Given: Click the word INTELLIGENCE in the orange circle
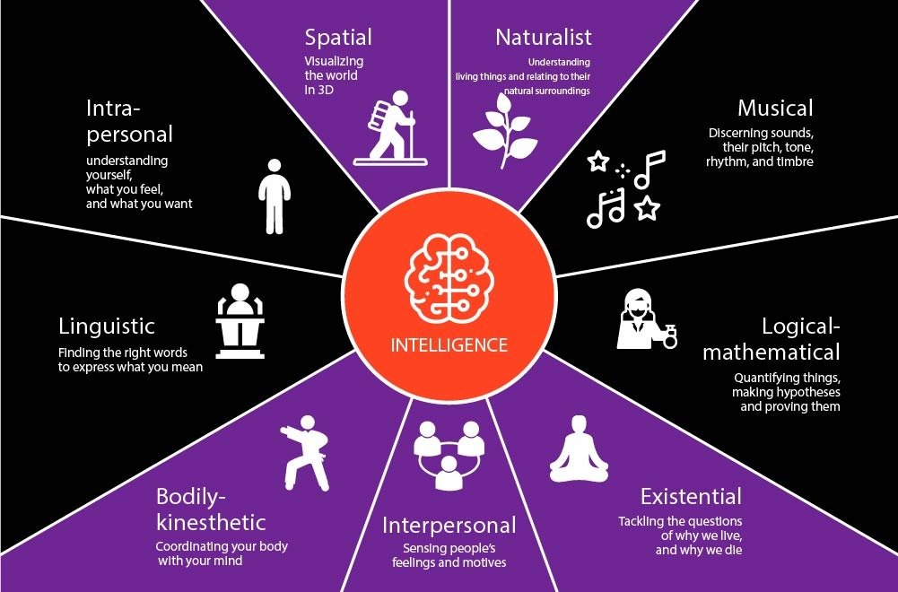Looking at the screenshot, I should point(449,345).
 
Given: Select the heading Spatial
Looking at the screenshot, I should point(337,38).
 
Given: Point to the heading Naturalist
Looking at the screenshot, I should point(544,38).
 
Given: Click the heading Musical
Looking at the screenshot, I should point(775,109).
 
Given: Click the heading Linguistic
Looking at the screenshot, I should point(107,326).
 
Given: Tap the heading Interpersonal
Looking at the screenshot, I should point(449,525).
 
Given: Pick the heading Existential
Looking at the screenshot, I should point(691,497).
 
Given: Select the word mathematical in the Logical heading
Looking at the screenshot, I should point(771,352).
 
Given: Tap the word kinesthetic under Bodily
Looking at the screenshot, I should point(211,521).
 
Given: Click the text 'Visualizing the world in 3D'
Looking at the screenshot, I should point(331,75).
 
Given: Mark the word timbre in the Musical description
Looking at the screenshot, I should point(795,162).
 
